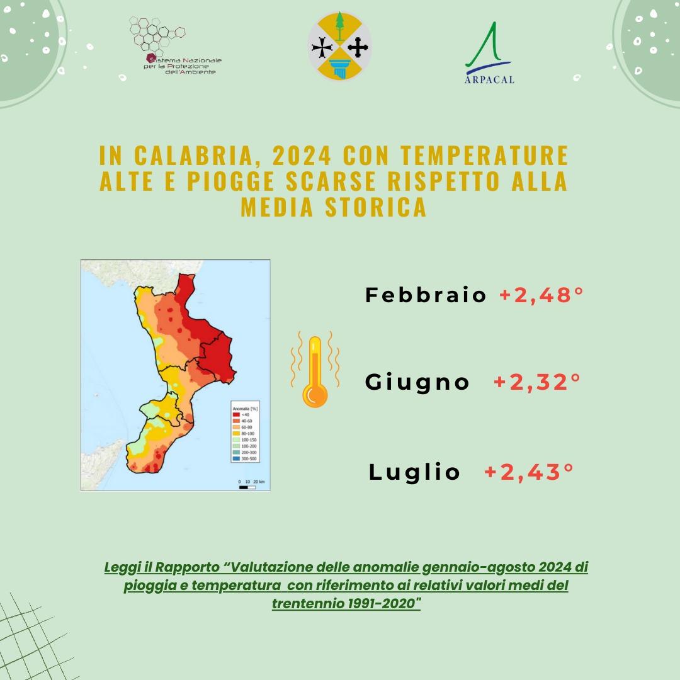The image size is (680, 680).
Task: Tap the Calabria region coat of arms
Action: (x=339, y=46)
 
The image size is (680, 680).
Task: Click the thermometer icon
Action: (x=315, y=371)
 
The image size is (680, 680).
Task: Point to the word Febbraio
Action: (x=426, y=295)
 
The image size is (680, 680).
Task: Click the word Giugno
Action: (x=417, y=382)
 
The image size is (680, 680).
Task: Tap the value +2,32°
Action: (x=536, y=382)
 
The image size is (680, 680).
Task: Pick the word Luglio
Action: (x=415, y=472)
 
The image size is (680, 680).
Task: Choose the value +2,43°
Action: (x=529, y=472)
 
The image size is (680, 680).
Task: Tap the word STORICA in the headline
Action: (x=376, y=207)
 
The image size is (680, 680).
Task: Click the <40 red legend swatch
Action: (x=237, y=415)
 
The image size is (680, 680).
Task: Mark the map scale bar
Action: (x=247, y=487)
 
